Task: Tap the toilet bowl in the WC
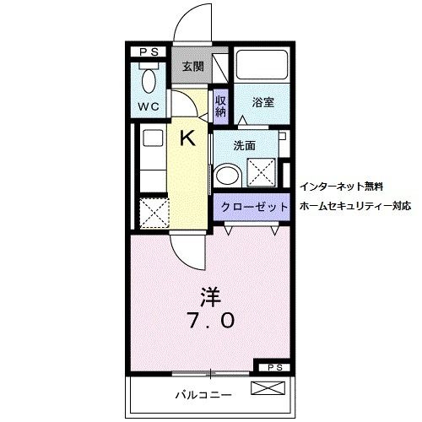pos(150,81)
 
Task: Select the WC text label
pos(149,108)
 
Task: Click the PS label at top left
pos(149,51)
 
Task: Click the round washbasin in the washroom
pos(226,176)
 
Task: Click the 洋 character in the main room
pos(209,296)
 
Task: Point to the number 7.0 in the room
pos(209,321)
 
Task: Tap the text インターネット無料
pos(342,185)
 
